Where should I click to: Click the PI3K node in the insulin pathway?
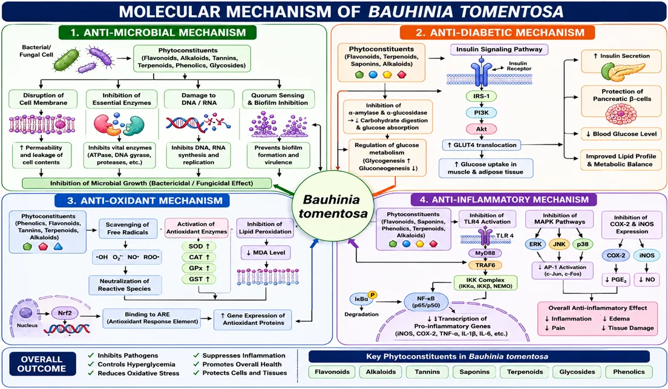coord(482,113)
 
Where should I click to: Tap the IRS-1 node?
coord(482,96)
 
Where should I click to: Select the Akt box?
coord(482,129)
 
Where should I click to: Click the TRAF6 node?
coord(485,265)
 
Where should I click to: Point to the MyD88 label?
coord(485,253)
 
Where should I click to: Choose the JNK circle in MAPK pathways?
coord(559,244)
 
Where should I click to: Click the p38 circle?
coord(582,244)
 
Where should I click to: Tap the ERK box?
coord(535,244)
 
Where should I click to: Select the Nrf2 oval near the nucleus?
coord(65,313)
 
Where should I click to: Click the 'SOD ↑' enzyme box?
coord(199,246)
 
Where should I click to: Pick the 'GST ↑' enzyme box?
coord(199,279)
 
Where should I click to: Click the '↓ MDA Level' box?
coord(266,253)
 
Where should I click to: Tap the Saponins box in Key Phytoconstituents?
coord(474,372)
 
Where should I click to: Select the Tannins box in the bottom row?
coord(427,372)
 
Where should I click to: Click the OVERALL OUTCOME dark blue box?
coord(42,364)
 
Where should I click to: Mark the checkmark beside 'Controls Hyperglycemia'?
coord(91,364)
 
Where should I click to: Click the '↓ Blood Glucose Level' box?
coord(621,134)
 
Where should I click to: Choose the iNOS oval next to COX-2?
coord(647,256)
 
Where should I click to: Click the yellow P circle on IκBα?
coord(373,294)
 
